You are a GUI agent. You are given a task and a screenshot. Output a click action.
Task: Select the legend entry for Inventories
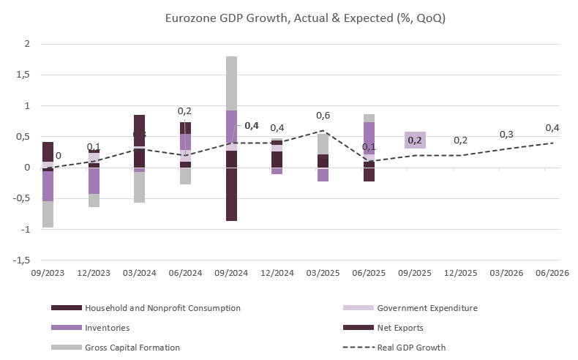tap(107, 327)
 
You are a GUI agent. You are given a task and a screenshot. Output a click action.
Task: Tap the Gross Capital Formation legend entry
tap(132, 347)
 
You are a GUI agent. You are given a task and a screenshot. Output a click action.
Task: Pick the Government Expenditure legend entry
tap(427, 308)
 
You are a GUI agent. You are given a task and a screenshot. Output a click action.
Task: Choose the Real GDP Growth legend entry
tap(412, 347)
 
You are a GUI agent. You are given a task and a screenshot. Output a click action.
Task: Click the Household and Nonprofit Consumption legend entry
tap(162, 308)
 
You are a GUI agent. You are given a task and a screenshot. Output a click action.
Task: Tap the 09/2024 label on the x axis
tap(231, 272)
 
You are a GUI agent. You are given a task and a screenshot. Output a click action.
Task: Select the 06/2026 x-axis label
tap(552, 272)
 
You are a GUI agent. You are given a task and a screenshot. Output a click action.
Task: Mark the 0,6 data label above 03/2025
tap(323, 116)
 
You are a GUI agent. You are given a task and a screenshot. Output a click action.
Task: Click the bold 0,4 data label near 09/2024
tap(251, 126)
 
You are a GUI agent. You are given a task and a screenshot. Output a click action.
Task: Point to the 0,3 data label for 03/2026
tap(506, 135)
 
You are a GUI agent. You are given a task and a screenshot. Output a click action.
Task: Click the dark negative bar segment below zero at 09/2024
tap(231, 194)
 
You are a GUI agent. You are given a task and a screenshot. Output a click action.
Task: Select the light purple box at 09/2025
tap(415, 140)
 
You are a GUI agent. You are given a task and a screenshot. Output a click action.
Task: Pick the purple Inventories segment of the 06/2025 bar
tap(369, 138)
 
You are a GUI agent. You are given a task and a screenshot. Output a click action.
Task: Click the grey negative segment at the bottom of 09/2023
tap(48, 214)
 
